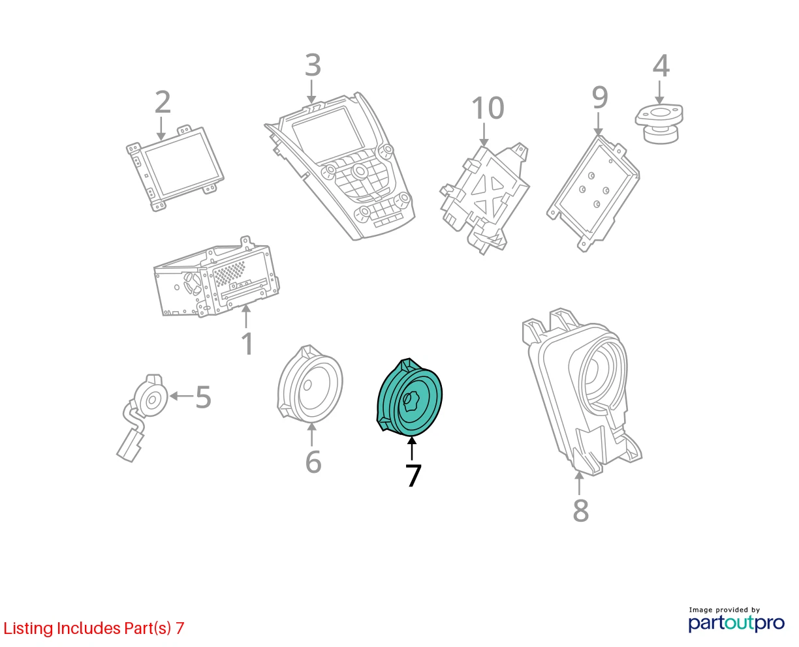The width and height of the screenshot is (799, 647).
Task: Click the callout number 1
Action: click(x=247, y=343)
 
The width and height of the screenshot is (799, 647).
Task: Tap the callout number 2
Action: click(x=163, y=102)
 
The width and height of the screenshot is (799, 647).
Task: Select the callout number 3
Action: click(x=313, y=65)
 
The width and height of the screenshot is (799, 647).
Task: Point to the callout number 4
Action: click(x=661, y=66)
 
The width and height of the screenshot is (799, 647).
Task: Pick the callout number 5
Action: click(x=203, y=397)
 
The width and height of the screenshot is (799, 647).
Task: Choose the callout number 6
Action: click(x=313, y=462)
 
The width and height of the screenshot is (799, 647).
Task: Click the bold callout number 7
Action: click(x=413, y=475)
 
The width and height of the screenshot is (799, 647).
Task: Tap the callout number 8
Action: click(x=581, y=510)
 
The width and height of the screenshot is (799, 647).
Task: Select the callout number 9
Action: click(x=599, y=97)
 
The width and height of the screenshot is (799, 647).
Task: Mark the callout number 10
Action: click(x=488, y=108)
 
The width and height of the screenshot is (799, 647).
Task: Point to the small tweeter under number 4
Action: click(x=659, y=124)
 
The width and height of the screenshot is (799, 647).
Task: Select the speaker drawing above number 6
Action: click(x=310, y=384)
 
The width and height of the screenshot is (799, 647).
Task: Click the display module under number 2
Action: click(x=175, y=169)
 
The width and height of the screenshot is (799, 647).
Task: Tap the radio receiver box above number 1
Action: click(x=217, y=277)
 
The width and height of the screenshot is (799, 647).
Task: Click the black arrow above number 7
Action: click(x=412, y=449)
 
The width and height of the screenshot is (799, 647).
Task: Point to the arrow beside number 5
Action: click(x=181, y=396)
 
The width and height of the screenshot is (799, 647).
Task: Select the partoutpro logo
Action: click(x=736, y=620)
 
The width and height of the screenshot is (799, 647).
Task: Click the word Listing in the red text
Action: click(x=29, y=629)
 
